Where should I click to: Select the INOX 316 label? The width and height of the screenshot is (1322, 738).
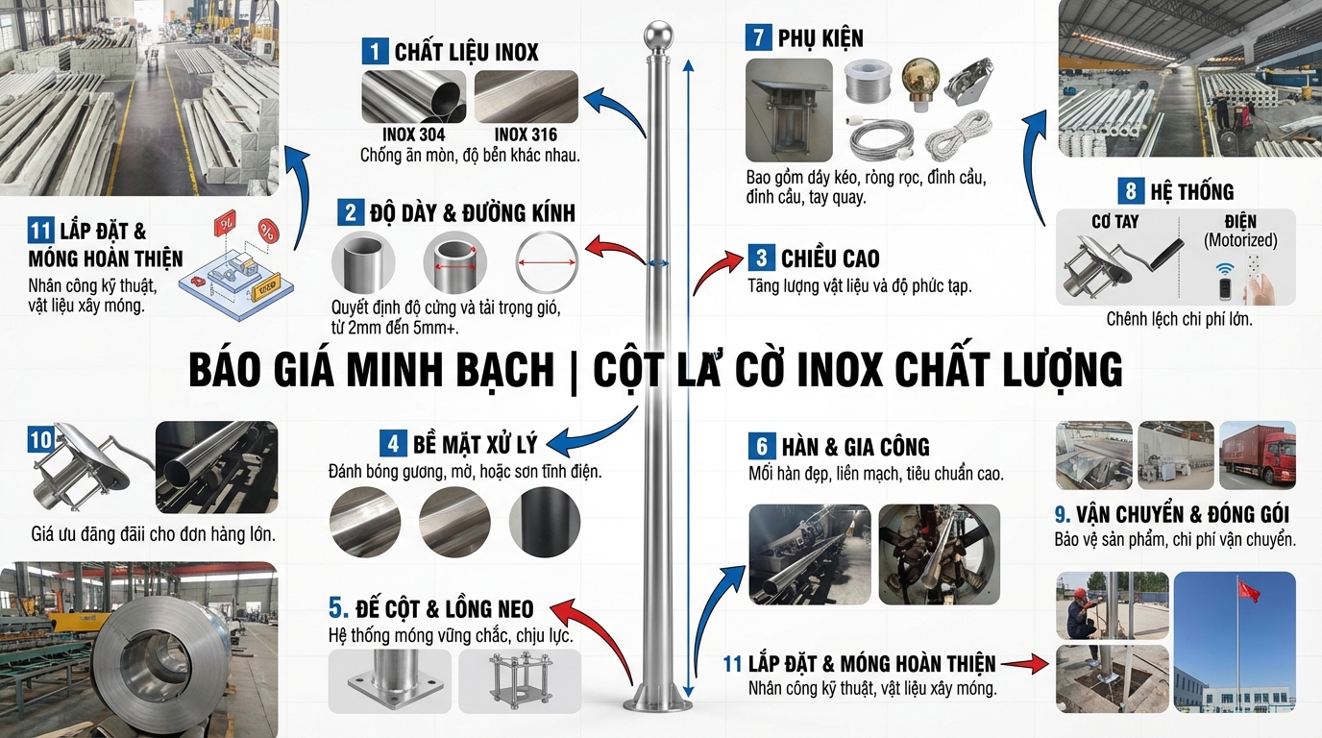coord(525,135)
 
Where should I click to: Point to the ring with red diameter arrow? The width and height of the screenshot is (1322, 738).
coord(547,261)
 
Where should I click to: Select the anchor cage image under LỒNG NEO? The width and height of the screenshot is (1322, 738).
coord(520,681)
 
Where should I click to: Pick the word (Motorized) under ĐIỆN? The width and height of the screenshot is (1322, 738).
coord(1240,240)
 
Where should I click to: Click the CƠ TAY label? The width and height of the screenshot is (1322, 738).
coord(1114,222)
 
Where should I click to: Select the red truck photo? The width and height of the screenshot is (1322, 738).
coord(1257,455)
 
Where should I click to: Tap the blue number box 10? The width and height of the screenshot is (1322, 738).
coord(40,440)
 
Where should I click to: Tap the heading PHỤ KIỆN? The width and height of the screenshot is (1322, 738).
coord(820,38)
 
